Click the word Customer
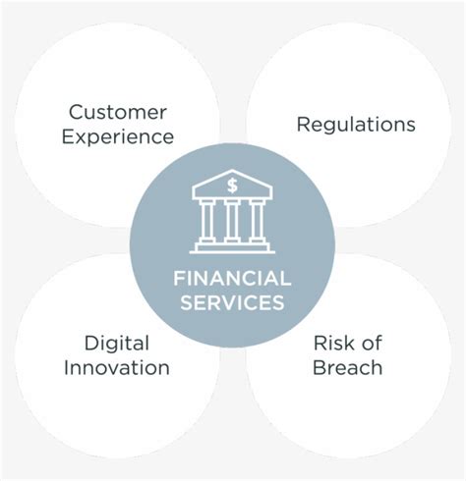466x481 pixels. tap(118, 112)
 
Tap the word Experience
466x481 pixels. tap(118, 137)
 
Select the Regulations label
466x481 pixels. tap(356, 126)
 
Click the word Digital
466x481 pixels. tap(117, 345)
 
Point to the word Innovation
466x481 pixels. tap(117, 367)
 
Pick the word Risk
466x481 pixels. tap(332, 343)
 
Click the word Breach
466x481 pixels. tap(347, 367)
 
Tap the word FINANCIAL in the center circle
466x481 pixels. tap(232, 279)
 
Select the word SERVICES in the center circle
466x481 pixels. tap(232, 302)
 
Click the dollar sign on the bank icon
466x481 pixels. tap(232, 186)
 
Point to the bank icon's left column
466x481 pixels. tap(207, 221)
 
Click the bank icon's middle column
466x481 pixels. tap(232, 221)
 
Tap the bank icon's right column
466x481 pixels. tap(257, 221)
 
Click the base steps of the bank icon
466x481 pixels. tap(232, 247)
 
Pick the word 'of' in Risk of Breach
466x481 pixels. tap(370, 343)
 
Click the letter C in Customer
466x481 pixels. tap(77, 112)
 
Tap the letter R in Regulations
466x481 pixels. tap(304, 124)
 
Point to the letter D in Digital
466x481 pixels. tap(92, 343)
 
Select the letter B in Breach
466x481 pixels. tap(320, 367)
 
